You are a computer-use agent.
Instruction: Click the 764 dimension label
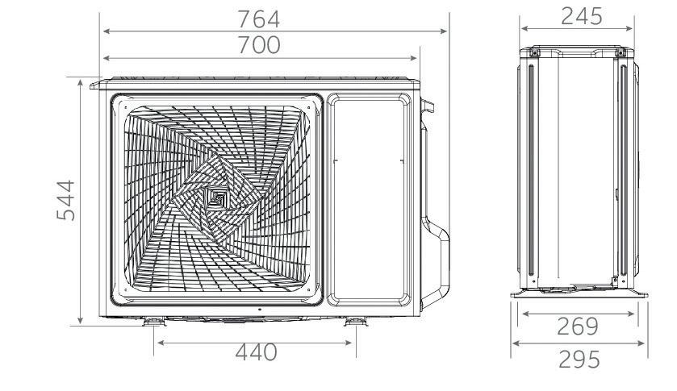pos(259,19)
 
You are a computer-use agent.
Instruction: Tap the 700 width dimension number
pos(259,45)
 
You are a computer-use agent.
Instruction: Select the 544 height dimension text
pos(66,200)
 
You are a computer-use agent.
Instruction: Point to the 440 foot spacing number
pos(256,352)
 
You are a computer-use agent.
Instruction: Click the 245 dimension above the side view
pos(581,16)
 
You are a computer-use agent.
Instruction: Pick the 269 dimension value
pos(577,327)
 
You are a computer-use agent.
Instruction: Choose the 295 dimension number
pos(579,359)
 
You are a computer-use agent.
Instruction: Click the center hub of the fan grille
pos(217,198)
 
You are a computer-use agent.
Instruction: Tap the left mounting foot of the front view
pos(153,321)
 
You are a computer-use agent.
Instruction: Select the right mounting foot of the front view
pos(356,321)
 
